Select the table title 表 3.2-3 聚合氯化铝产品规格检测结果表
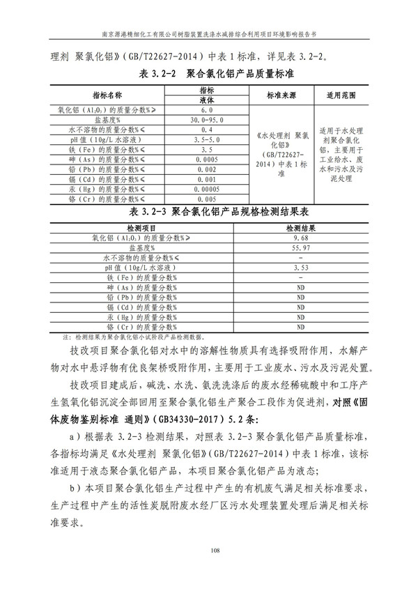(x=208, y=211)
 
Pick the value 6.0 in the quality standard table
(x=206, y=110)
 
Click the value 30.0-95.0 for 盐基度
(x=206, y=120)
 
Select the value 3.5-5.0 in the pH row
(x=206, y=139)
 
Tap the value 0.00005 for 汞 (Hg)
(x=206, y=188)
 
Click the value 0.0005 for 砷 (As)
(x=206, y=159)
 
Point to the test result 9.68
(x=301, y=238)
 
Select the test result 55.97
(x=301, y=247)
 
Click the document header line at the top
(x=208, y=33)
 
